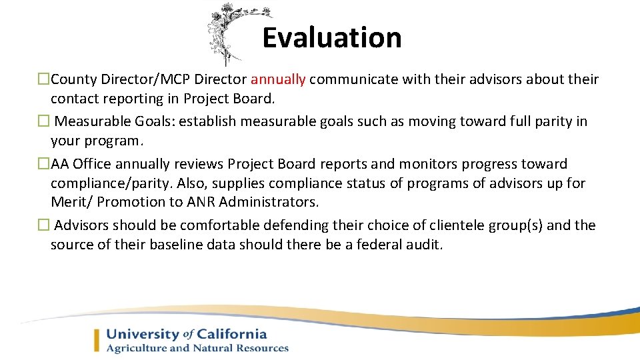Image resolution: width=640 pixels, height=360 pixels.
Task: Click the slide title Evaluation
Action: point(331,38)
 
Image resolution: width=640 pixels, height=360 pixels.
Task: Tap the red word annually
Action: point(278,80)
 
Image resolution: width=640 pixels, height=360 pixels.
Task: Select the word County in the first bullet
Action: point(73,80)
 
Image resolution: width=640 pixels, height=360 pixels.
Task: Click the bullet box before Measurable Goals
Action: point(43,122)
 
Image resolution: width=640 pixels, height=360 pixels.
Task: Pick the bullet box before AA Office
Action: point(43,164)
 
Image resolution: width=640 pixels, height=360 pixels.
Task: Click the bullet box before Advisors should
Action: point(43,225)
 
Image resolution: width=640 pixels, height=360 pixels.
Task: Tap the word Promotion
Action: point(127,201)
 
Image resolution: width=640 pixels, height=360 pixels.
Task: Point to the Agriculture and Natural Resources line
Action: point(197,348)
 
